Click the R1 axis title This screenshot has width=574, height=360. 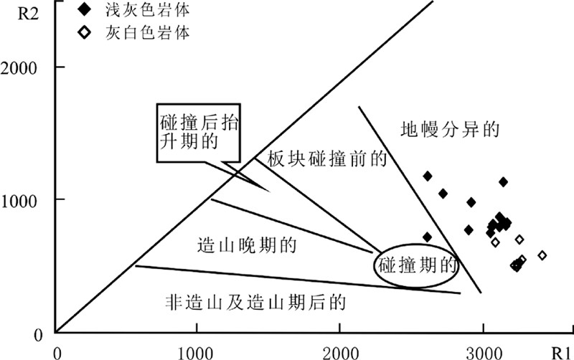(560, 352)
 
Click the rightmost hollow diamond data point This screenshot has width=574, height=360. (542, 255)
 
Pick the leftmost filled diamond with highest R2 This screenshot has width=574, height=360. (428, 176)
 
